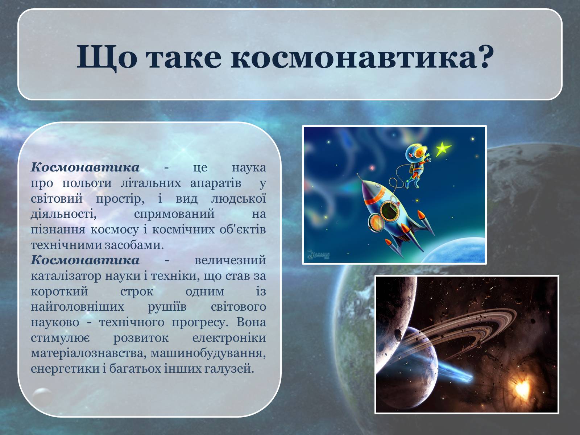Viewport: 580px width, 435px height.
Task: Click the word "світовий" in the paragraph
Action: [57, 198]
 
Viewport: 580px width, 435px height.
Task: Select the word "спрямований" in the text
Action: [174, 214]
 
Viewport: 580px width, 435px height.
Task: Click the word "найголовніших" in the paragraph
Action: [78, 307]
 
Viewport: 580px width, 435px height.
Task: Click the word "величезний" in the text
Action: [230, 260]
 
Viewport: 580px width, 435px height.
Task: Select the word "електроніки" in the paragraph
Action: [229, 338]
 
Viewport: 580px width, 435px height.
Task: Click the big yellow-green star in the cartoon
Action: [443, 149]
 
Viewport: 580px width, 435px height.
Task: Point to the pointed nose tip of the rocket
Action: [357, 174]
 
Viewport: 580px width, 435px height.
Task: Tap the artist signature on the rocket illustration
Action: [318, 254]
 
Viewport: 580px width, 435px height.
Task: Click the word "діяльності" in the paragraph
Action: [64, 214]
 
